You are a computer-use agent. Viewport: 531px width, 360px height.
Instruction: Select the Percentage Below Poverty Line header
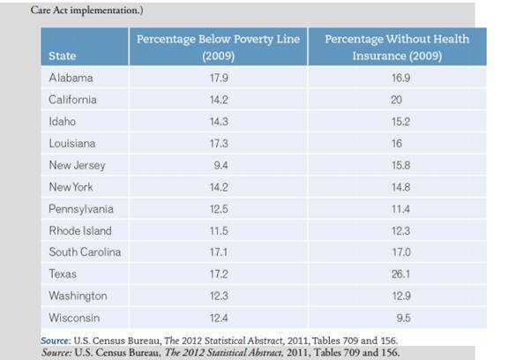(x=217, y=48)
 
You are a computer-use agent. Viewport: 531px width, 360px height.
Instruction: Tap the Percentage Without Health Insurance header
(x=396, y=48)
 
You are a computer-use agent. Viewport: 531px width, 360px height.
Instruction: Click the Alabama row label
(x=71, y=78)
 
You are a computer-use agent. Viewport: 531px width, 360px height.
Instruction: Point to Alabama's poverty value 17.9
(x=217, y=78)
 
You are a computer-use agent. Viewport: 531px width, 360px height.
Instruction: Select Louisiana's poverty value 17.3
(x=217, y=143)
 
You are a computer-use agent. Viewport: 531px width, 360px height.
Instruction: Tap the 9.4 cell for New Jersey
(x=217, y=165)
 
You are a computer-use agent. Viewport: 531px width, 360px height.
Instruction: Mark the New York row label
(x=71, y=187)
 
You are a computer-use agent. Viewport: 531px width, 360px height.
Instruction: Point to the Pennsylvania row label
(x=80, y=209)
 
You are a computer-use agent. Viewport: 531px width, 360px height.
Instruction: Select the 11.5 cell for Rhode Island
(x=217, y=230)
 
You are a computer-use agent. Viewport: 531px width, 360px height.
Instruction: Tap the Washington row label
(x=78, y=296)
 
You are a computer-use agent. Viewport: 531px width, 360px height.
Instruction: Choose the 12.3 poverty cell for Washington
(x=217, y=296)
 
